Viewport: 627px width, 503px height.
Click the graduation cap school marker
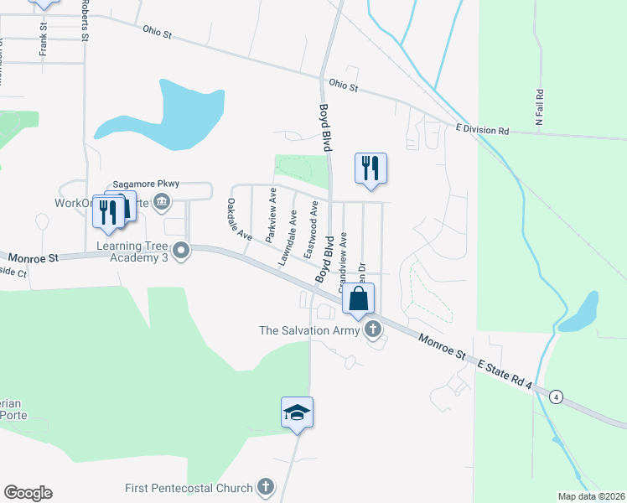(297, 412)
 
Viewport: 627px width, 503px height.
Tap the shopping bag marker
(358, 298)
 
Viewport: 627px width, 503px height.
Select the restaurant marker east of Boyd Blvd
(370, 168)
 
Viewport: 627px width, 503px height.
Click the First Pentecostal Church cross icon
(265, 486)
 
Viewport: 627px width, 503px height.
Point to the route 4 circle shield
(555, 396)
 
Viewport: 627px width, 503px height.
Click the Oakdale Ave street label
(238, 219)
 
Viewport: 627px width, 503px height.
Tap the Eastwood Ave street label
(312, 229)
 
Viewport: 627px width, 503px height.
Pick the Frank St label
(43, 39)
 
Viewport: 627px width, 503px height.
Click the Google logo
(28, 493)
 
